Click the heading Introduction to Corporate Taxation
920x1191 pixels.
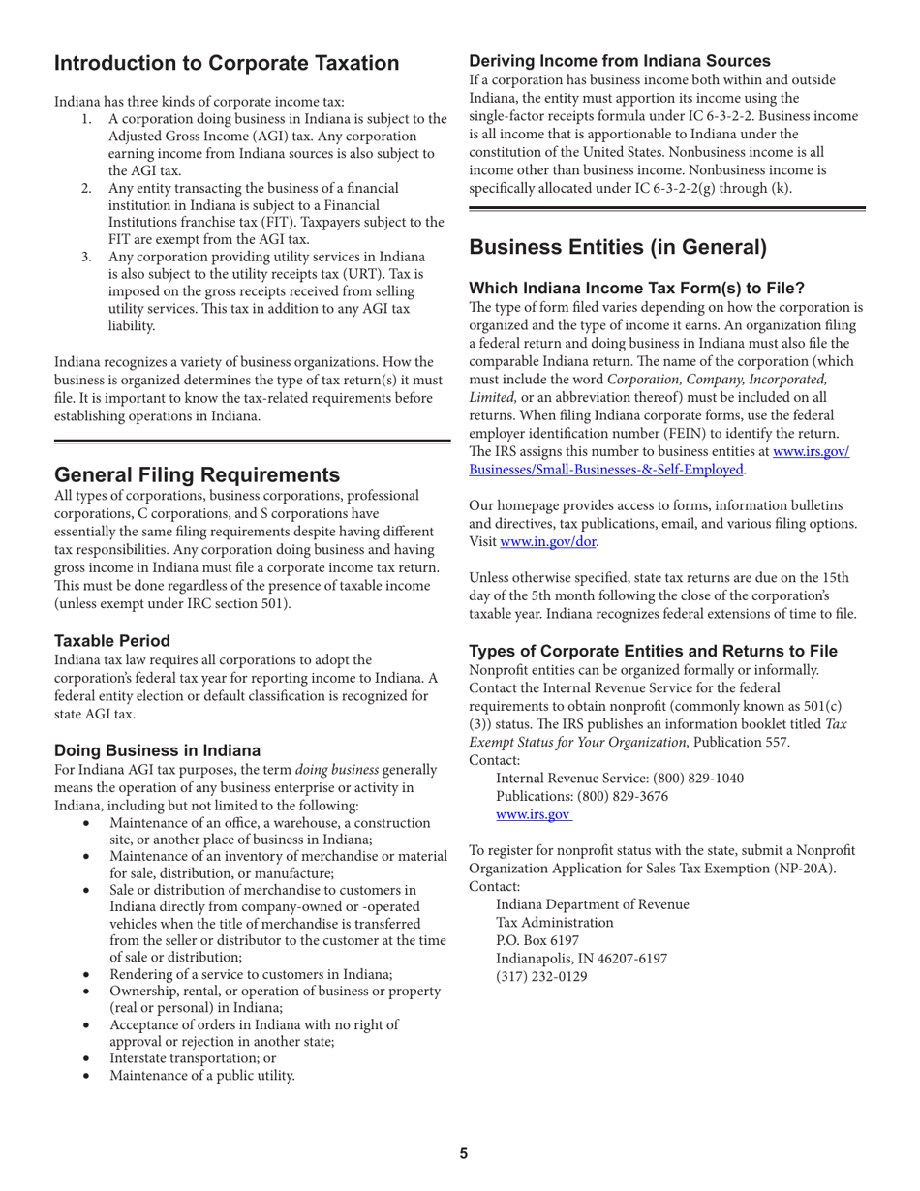point(226,64)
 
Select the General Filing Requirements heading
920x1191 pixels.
point(197,474)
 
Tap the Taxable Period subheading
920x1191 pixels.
point(112,640)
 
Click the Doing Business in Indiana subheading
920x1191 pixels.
point(157,749)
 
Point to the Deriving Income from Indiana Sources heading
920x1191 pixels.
point(620,60)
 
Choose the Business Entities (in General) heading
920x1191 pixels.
point(618,247)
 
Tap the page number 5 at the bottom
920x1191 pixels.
point(463,1152)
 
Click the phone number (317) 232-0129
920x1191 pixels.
point(541,976)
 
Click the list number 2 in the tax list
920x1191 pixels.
point(86,187)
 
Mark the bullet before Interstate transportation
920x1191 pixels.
point(89,1057)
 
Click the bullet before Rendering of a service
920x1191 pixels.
point(89,974)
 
